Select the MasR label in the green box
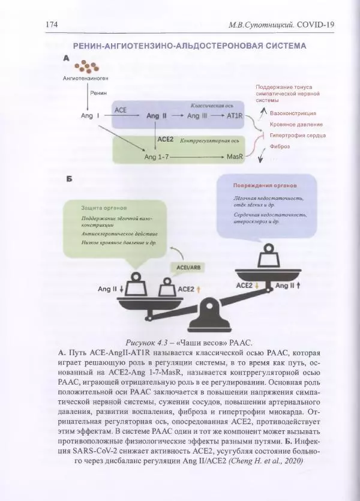click(x=235, y=157)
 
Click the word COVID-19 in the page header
click(x=317, y=24)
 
